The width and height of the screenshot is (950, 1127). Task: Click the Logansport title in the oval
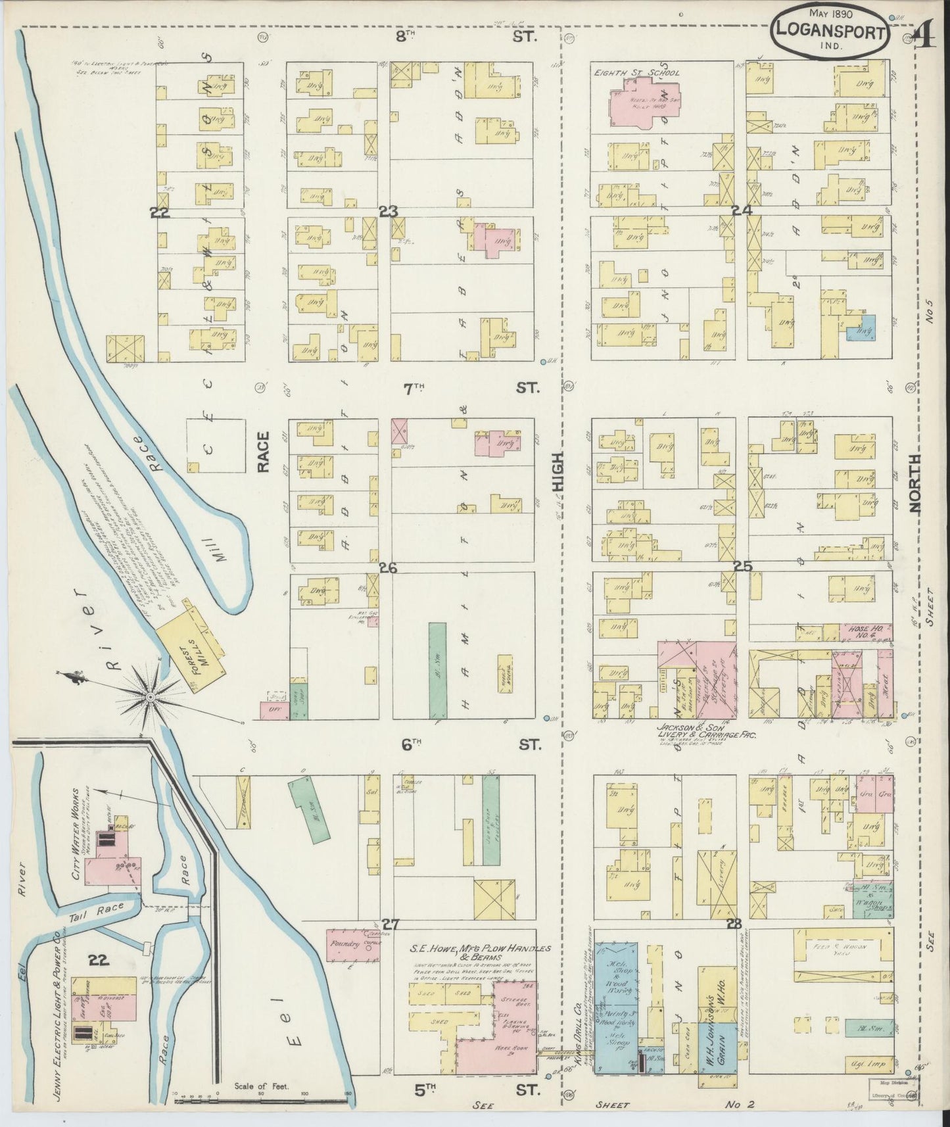coord(830,30)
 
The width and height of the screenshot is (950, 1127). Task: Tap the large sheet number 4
coord(926,36)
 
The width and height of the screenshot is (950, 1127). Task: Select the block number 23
coord(388,212)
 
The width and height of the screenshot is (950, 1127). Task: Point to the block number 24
coord(742,211)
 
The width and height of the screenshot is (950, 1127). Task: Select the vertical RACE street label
coord(263,452)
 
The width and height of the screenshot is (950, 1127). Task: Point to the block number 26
coord(388,568)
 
